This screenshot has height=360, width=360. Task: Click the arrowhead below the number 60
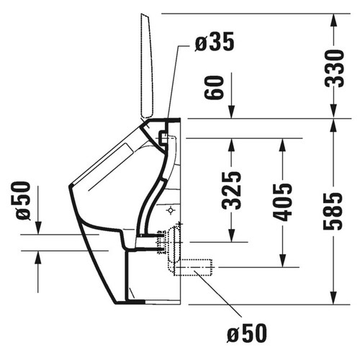pos(230,112)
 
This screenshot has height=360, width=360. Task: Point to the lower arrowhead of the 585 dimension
pos(333,298)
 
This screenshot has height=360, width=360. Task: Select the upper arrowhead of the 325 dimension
pos(230,144)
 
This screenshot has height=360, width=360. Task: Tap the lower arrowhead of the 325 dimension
pos(230,237)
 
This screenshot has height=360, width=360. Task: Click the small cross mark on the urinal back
pos(169,210)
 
